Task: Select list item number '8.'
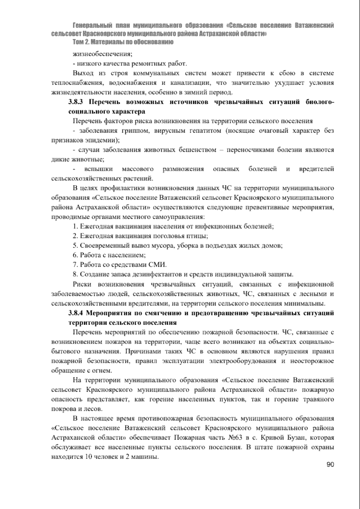coord(75,274)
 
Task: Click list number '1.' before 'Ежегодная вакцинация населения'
coord(75,226)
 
